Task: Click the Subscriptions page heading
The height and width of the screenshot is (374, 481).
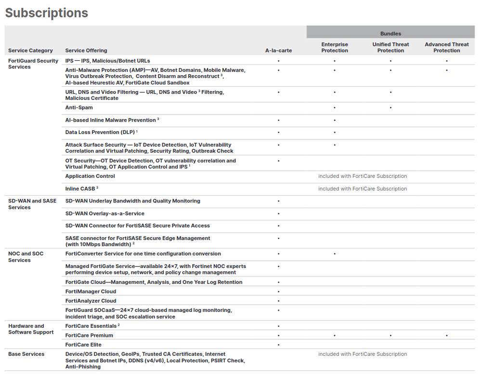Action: click(47, 13)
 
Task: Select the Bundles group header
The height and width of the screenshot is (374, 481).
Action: click(390, 34)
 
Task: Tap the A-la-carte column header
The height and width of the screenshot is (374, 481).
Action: click(278, 51)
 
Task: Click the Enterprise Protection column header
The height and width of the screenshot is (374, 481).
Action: click(335, 47)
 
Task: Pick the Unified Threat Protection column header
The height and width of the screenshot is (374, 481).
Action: click(390, 47)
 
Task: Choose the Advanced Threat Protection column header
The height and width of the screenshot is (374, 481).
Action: click(446, 47)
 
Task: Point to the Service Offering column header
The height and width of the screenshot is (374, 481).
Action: click(86, 51)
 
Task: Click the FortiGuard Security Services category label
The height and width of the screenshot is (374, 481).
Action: click(33, 64)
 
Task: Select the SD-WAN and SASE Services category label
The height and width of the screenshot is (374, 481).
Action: click(32, 204)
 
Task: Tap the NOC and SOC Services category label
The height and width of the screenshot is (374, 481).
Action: click(26, 257)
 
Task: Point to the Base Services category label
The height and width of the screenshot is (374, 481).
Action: click(26, 354)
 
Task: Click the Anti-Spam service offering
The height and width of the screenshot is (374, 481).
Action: click(79, 108)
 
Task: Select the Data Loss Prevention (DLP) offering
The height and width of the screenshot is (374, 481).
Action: click(100, 133)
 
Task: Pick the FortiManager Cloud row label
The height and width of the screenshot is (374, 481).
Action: click(91, 292)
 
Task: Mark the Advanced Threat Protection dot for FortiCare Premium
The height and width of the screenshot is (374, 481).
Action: click(447, 335)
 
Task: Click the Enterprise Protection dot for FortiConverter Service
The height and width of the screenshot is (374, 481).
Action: click(335, 254)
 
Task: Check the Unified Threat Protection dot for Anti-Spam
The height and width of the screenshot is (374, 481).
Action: click(390, 108)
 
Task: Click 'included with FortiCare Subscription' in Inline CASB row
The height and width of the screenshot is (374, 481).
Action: click(363, 189)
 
